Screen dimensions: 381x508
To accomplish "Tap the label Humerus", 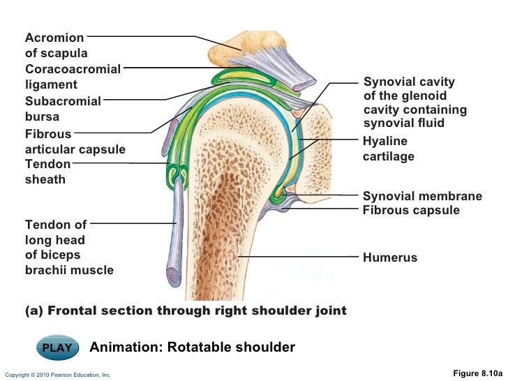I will click(389, 258).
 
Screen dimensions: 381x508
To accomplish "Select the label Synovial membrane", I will click(422, 196).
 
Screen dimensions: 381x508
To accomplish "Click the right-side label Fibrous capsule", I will click(411, 210).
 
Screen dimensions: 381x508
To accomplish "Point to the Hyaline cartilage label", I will click(388, 149).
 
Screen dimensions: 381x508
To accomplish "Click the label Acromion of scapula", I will click(56, 45).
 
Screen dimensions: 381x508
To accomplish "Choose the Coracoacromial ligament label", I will click(73, 77).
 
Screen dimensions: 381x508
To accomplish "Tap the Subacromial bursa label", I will click(63, 109).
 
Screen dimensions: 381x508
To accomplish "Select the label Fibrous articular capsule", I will click(75, 141).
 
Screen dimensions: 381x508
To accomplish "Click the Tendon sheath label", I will click(47, 172).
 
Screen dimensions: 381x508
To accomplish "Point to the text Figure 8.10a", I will click(477, 373).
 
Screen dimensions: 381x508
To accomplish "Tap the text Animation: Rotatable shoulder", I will click(193, 348).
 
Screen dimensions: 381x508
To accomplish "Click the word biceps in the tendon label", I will click(61, 255).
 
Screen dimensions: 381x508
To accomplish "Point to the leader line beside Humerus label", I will click(300, 257).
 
